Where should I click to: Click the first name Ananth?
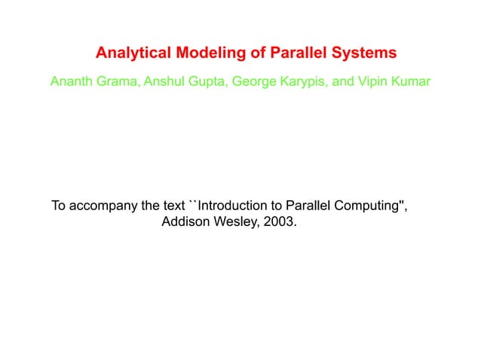[70, 81]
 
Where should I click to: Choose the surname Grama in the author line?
[114, 81]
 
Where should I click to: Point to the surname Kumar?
[410, 81]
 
